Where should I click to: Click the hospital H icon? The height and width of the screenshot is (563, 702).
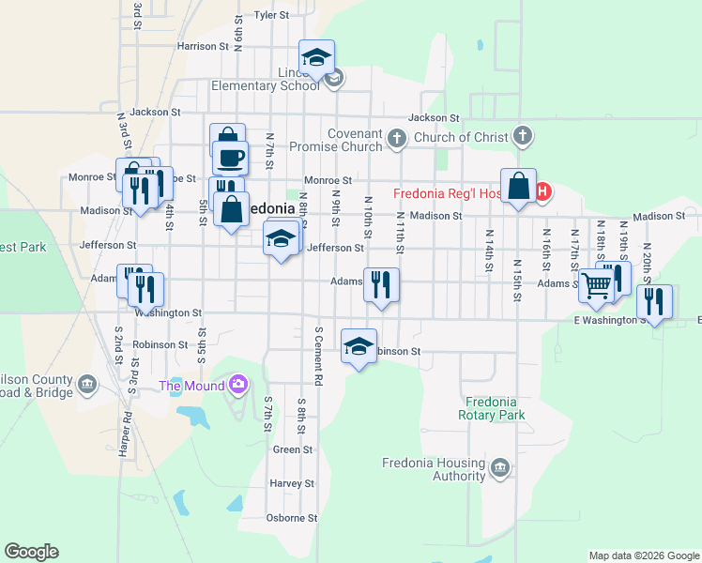[x=542, y=192]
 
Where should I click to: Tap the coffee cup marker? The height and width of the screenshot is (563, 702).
[x=230, y=158]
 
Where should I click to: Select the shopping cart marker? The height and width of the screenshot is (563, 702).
[x=596, y=287]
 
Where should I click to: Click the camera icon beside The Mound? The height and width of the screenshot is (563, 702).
[x=238, y=384]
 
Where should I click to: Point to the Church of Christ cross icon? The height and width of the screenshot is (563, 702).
[x=524, y=137]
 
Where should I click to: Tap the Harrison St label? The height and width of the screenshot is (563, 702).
[x=203, y=45]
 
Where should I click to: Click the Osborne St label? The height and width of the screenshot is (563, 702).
[x=291, y=518]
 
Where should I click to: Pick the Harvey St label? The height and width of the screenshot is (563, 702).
[x=291, y=484]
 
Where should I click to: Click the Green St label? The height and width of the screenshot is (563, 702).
[x=286, y=450]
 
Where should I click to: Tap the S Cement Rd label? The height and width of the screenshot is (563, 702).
[x=318, y=358]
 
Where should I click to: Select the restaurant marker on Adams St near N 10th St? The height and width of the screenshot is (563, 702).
[x=382, y=285]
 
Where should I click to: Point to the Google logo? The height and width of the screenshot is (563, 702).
[x=31, y=552]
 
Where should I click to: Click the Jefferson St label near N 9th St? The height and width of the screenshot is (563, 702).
[x=335, y=249]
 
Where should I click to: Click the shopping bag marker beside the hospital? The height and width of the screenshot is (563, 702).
[x=518, y=187]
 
